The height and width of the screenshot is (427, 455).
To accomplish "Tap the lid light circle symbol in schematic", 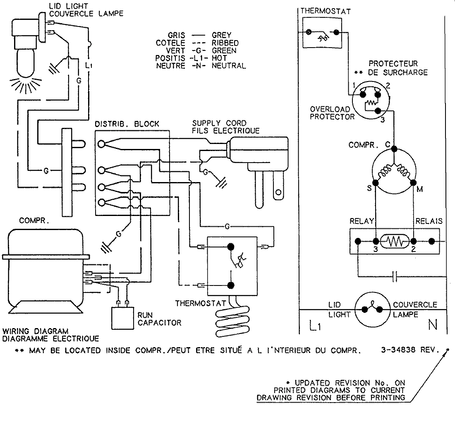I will [x=371, y=308].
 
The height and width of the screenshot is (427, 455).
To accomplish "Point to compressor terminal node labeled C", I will [x=394, y=149].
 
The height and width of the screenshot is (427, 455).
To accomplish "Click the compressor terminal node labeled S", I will [x=375, y=182].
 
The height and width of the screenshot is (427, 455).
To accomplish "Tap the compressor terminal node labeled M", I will [x=413, y=182].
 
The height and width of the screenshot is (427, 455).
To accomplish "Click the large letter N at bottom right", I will [x=433, y=326].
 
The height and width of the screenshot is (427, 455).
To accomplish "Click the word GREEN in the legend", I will [x=224, y=50].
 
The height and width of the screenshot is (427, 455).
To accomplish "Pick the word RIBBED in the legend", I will [x=225, y=43].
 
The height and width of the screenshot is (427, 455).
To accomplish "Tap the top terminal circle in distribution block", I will [x=101, y=144].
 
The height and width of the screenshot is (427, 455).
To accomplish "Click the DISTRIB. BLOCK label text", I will [x=127, y=124].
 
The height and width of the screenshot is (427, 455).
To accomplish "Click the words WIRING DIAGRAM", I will [x=35, y=331].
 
